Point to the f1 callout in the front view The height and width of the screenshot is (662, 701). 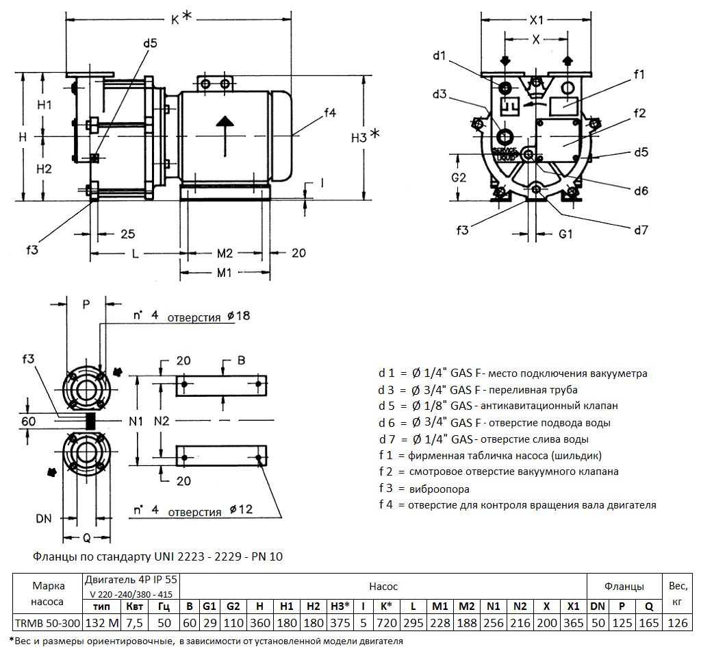639,75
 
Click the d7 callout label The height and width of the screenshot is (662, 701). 640,230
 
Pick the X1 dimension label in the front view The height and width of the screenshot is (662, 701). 537,19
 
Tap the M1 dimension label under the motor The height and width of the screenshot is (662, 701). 224,273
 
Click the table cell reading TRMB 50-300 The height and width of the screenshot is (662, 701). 48,623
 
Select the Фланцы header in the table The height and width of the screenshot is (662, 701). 624,587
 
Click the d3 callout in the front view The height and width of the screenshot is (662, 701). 439,93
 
